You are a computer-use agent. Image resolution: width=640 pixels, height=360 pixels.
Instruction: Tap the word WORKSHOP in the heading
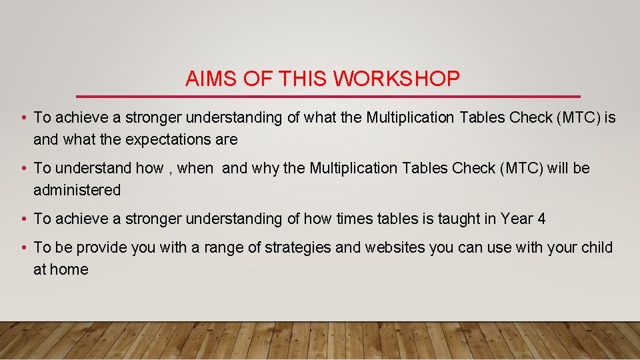click(x=397, y=79)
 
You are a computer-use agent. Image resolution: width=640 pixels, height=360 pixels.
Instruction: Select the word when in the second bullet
click(x=195, y=169)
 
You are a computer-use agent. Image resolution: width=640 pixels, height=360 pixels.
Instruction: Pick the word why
click(x=265, y=169)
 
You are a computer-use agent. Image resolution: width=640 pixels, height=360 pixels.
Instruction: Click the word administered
click(x=77, y=191)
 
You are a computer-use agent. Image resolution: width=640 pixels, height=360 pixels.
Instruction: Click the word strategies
click(x=297, y=248)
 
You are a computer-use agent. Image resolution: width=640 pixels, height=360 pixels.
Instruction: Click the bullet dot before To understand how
click(x=23, y=169)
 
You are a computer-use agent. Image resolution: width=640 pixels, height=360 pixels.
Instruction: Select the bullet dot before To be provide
click(x=23, y=248)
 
